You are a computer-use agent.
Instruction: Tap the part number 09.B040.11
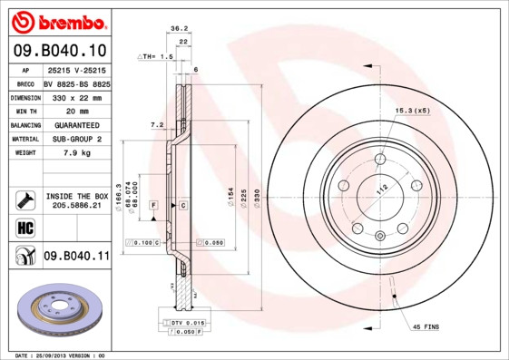[x=76, y=258]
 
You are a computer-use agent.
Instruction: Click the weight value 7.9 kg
[x=76, y=153]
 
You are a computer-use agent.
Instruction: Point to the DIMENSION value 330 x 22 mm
[x=76, y=96]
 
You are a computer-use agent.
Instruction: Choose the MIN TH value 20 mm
[x=76, y=111]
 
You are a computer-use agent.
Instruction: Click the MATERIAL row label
[x=24, y=139]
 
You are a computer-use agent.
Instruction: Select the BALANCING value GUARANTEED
[x=76, y=125]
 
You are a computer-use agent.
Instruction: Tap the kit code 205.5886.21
[x=76, y=206]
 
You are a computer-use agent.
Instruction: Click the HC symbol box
[x=24, y=228]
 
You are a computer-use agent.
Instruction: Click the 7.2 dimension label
[x=155, y=124]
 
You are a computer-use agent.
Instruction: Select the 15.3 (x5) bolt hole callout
[x=410, y=111]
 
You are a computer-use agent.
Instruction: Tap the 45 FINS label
[x=427, y=326]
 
